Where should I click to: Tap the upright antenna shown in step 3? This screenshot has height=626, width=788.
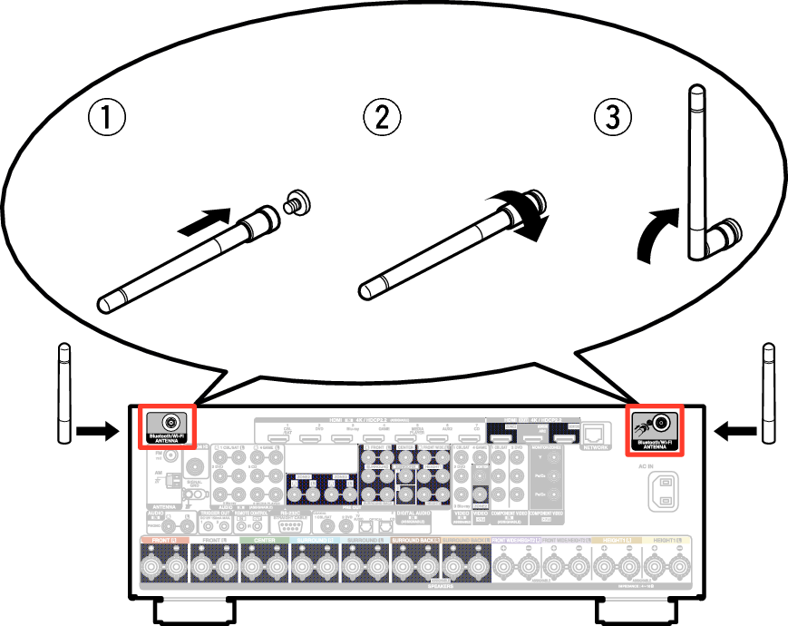click(697, 172)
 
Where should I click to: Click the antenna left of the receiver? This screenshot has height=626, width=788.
click(63, 393)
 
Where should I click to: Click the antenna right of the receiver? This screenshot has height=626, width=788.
click(768, 393)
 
